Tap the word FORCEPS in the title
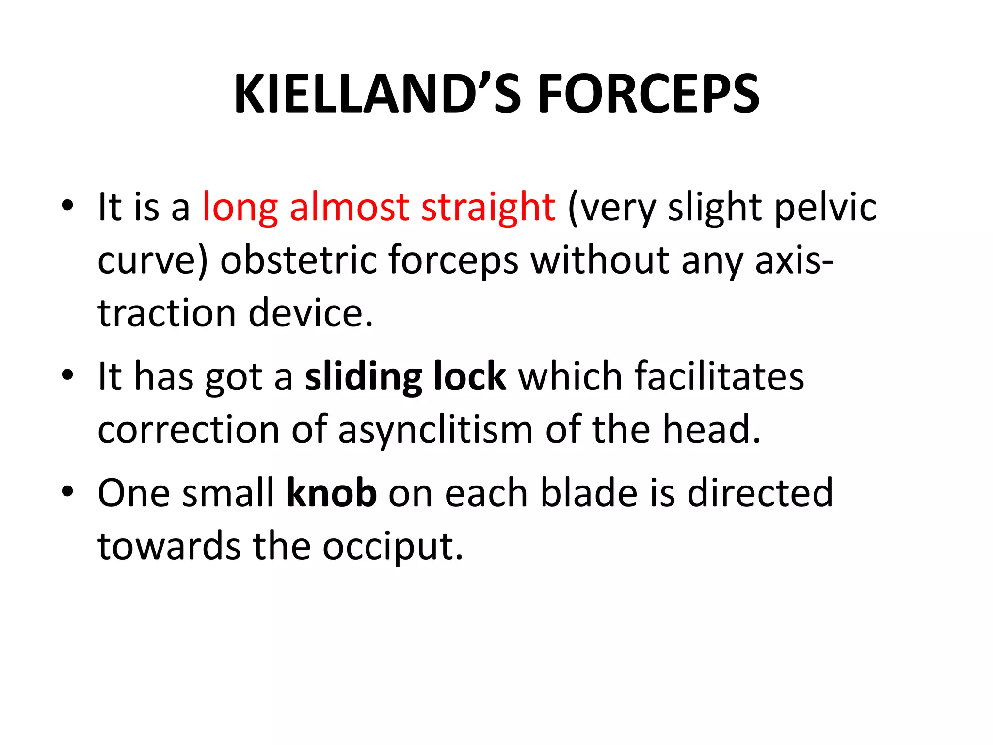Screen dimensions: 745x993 (x=648, y=94)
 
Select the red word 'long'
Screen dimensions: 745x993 (x=240, y=208)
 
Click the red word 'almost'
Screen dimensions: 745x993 (x=349, y=207)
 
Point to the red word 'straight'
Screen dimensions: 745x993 (x=488, y=208)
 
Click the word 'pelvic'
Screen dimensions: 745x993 (x=825, y=208)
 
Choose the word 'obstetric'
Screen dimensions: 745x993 (x=298, y=260)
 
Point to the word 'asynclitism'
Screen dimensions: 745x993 (x=435, y=430)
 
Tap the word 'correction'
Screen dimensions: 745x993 (x=188, y=430)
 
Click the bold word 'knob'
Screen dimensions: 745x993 (x=332, y=493)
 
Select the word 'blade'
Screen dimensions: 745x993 (x=589, y=493)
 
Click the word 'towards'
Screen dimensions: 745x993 (x=169, y=546)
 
